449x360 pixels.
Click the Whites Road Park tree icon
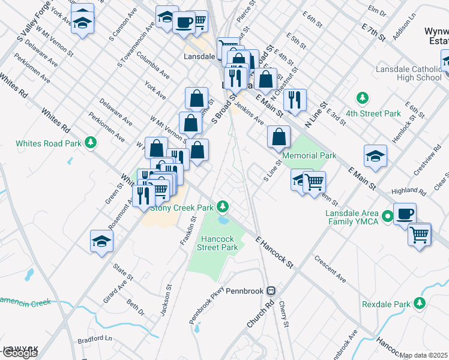click(90, 143)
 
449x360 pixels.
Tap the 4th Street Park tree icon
click(362, 97)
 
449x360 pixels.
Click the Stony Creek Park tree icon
click(223, 207)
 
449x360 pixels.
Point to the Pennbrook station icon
click(271, 291)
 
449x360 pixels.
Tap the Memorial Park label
click(309, 155)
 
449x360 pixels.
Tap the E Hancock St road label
click(273, 251)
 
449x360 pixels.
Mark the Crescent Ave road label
click(330, 269)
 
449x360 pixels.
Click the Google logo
click(20, 353)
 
